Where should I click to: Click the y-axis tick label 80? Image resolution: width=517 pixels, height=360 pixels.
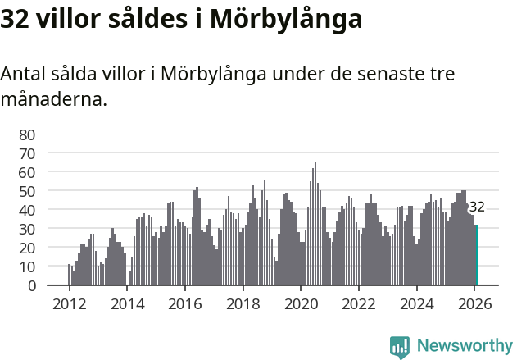tap(27, 134)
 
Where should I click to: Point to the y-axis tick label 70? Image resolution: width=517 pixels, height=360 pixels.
tap(27, 153)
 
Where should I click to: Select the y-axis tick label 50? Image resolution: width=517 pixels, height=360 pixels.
tap(27, 191)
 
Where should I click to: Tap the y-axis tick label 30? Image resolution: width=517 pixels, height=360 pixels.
tap(27, 229)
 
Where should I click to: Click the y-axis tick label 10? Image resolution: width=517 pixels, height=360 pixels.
tap(27, 267)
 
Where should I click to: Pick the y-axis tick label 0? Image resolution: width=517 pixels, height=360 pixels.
tap(31, 285)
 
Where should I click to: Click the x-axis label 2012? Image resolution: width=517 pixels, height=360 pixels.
tap(69, 303)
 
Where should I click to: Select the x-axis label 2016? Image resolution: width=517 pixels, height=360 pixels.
tap(184, 303)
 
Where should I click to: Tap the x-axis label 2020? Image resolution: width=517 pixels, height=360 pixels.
tap(300, 303)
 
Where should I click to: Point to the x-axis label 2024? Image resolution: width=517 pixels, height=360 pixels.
tap(416, 303)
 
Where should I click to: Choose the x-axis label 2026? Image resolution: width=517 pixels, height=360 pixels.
tap(474, 303)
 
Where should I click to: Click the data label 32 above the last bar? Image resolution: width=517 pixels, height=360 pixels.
tap(476, 207)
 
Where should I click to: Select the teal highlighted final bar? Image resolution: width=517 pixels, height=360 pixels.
tap(476, 255)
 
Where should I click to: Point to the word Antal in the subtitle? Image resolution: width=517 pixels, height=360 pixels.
tap(23, 74)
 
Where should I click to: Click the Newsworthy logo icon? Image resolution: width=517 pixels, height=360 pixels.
tap(400, 346)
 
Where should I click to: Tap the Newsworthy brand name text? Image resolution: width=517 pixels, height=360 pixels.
tap(464, 346)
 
